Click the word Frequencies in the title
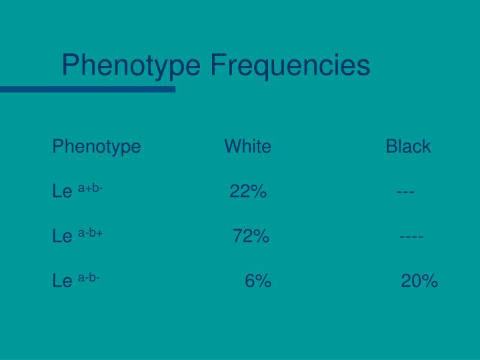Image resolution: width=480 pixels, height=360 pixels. coord(289,65)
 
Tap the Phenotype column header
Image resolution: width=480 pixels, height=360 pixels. coord(97,147)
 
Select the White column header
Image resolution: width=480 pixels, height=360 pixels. coord(247,146)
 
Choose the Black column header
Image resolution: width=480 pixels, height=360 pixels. coord(408,146)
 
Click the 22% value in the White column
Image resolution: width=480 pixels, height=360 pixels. coord(248,193)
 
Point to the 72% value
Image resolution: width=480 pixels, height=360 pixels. coord(251,236)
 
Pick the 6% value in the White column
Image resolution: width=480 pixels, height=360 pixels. coord(257,281)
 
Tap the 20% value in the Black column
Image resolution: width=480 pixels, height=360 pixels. coord(419,281)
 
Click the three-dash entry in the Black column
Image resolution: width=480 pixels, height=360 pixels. coord(405,193)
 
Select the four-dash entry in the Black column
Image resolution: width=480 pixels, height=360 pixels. coord(411,236)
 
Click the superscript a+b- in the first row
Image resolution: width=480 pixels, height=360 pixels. coord(90,189)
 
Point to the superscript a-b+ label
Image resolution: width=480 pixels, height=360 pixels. coord(90,233)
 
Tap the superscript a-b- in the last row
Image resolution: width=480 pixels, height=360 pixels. coord(89,277)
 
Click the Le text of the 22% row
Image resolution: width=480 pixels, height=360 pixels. coord(62,193)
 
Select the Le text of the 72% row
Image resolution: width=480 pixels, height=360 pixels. coord(62,237)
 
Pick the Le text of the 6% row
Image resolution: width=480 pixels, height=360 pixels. coord(62,281)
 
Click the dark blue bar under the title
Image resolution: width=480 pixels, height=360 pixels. coord(87,89)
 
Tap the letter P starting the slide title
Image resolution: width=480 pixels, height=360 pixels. coord(70,66)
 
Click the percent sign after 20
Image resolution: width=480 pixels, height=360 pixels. coord(430,281)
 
